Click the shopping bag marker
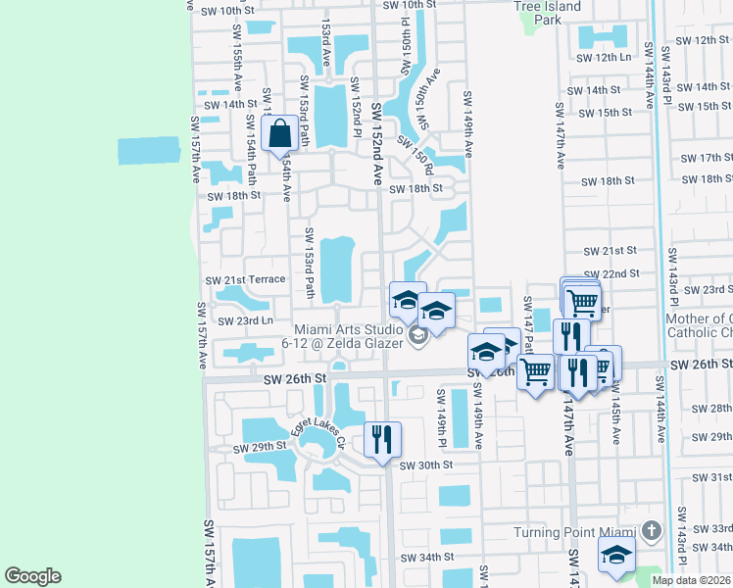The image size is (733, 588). click(280, 134)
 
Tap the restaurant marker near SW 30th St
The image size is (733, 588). click(382, 438)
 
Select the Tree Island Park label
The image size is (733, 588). click(547, 13)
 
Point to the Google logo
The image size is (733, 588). click(32, 576)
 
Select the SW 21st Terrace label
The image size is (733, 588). click(245, 280)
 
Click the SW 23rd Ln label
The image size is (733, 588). click(244, 321)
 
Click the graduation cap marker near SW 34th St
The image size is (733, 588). click(617, 555)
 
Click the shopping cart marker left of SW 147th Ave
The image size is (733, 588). click(535, 371)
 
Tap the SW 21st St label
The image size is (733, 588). click(609, 252)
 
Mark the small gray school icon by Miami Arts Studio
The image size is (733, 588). click(418, 338)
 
